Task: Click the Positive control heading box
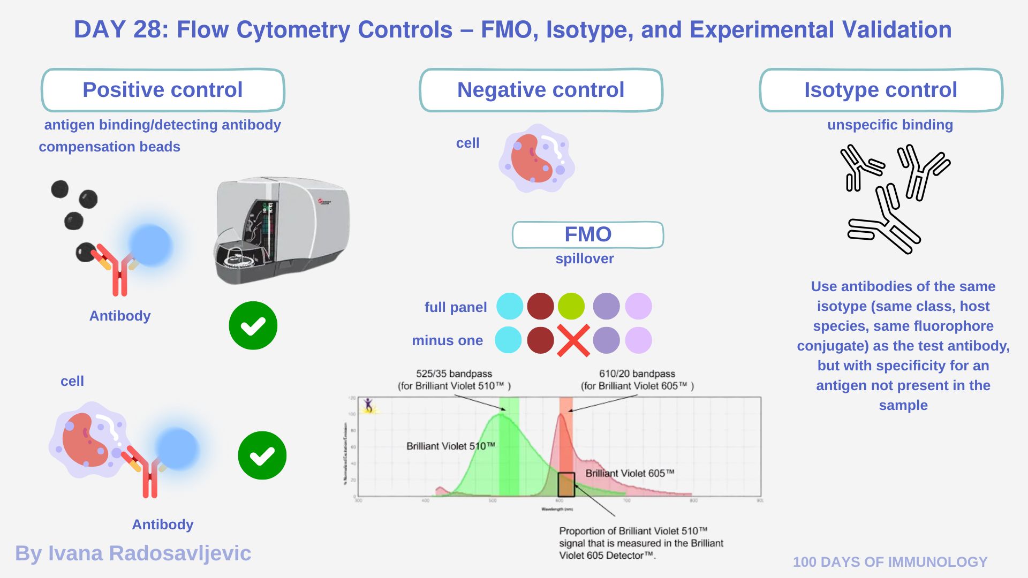163,90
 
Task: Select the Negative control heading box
541,90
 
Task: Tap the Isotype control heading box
881,90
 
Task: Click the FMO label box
588,235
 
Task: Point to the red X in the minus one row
573,340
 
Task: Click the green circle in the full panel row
571,307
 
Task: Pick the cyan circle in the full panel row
510,307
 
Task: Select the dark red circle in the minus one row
540,340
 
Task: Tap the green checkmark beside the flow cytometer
253,325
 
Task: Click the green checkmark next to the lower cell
262,455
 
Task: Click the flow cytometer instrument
281,230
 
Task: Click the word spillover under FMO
585,258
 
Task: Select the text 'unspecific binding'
890,125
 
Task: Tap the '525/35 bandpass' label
454,374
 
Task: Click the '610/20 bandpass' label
637,374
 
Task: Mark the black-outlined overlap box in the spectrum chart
566,485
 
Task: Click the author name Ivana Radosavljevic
133,553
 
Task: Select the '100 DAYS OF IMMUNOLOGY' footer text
890,562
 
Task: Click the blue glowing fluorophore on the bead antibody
150,245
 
